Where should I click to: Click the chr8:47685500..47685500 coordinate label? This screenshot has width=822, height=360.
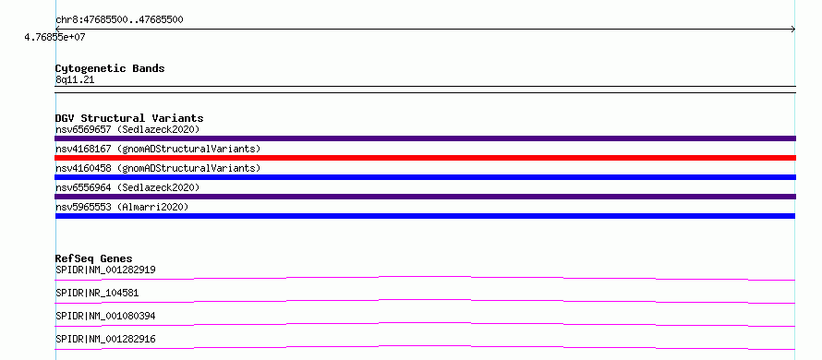click(x=119, y=20)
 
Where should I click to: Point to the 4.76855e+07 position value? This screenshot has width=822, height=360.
click(x=55, y=37)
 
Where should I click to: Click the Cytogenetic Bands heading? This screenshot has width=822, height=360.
click(x=110, y=68)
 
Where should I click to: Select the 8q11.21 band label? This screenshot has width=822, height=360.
click(x=75, y=80)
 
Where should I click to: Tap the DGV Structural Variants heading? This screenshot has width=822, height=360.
click(x=129, y=118)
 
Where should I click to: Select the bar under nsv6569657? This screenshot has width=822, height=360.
click(x=425, y=138)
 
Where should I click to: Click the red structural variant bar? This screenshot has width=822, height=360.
click(x=425, y=158)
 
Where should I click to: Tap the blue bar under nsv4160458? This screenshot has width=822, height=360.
click(x=425, y=177)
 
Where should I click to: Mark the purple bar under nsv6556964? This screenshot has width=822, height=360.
click(x=425, y=197)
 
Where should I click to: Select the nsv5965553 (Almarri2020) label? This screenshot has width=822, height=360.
click(x=122, y=207)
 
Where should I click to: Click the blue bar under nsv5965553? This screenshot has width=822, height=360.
click(x=425, y=216)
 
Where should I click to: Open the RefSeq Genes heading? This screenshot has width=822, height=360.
click(x=94, y=258)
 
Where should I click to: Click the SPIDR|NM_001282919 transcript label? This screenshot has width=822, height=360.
click(x=105, y=270)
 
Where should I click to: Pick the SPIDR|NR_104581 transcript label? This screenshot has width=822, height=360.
click(x=97, y=293)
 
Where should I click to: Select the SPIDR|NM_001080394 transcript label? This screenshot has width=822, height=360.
click(x=105, y=316)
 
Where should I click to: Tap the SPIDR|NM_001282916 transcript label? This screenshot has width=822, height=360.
click(x=105, y=339)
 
